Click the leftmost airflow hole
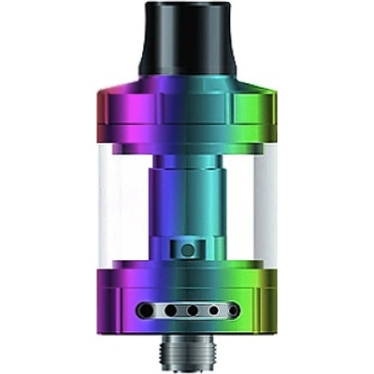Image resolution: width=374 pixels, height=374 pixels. tap(144, 310)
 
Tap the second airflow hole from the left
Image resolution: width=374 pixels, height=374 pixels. tap(166, 310)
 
